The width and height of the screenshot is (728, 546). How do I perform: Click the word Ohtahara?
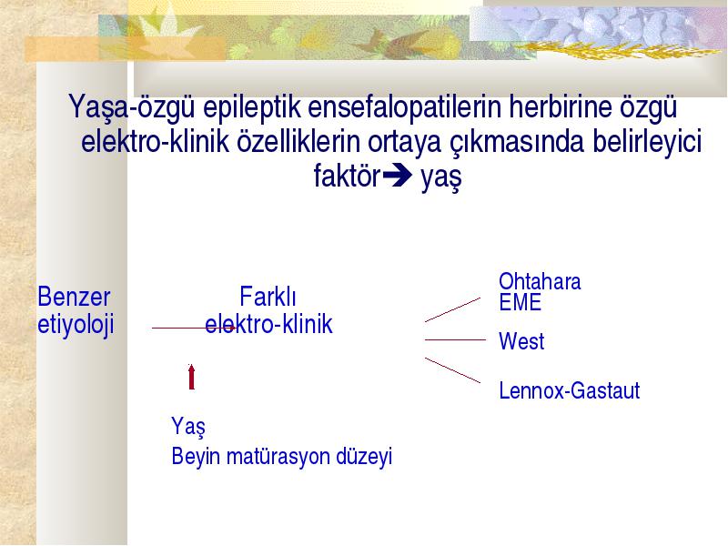pos(540,281)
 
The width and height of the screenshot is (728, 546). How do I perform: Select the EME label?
pos(520,302)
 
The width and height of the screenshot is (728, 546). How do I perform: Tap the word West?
pos(521,341)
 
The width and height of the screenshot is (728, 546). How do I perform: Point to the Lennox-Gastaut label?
pos(570,390)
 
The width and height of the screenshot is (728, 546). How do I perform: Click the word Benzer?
pos(74,297)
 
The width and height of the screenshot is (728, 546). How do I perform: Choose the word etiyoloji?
pos(76,325)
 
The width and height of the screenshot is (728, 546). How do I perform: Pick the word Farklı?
pos(268,297)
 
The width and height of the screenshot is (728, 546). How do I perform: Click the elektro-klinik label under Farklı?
pos(268,324)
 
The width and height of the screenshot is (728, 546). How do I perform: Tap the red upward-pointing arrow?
pos(191,377)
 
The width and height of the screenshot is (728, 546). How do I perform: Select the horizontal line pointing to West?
pos(455,339)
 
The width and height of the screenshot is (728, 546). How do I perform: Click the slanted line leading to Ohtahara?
pos(452,309)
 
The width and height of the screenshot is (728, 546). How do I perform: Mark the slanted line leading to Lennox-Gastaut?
pos(452,370)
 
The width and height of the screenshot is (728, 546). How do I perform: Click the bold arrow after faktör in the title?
pos(397,175)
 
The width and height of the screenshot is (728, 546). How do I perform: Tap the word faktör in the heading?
pos(347,176)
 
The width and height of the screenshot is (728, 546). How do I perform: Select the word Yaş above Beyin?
pos(188,426)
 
